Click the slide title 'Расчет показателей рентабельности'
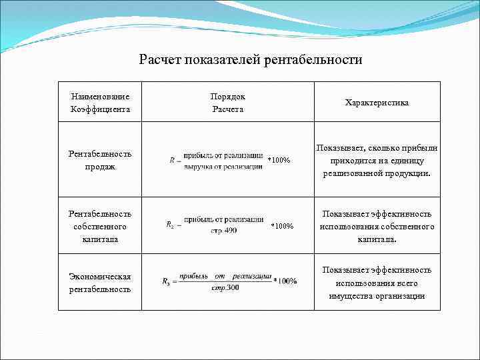pyautogui.click(x=250, y=60)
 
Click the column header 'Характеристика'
pyautogui.click(x=377, y=103)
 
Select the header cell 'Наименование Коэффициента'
pyautogui.click(x=100, y=103)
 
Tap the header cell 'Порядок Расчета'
pyautogui.click(x=228, y=103)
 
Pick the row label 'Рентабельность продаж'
pyautogui.click(x=100, y=160)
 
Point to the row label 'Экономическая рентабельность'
pyautogui.click(x=100, y=283)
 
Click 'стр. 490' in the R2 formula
pyautogui.click(x=224, y=231)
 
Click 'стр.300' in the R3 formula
pyautogui.click(x=225, y=287)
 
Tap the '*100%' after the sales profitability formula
pyautogui.click(x=279, y=161)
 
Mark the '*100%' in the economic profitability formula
pyautogui.click(x=285, y=281)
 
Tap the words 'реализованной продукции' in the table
pyautogui.click(x=377, y=173)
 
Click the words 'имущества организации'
pyautogui.click(x=377, y=296)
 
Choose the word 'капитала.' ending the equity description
pyautogui.click(x=377, y=239)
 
